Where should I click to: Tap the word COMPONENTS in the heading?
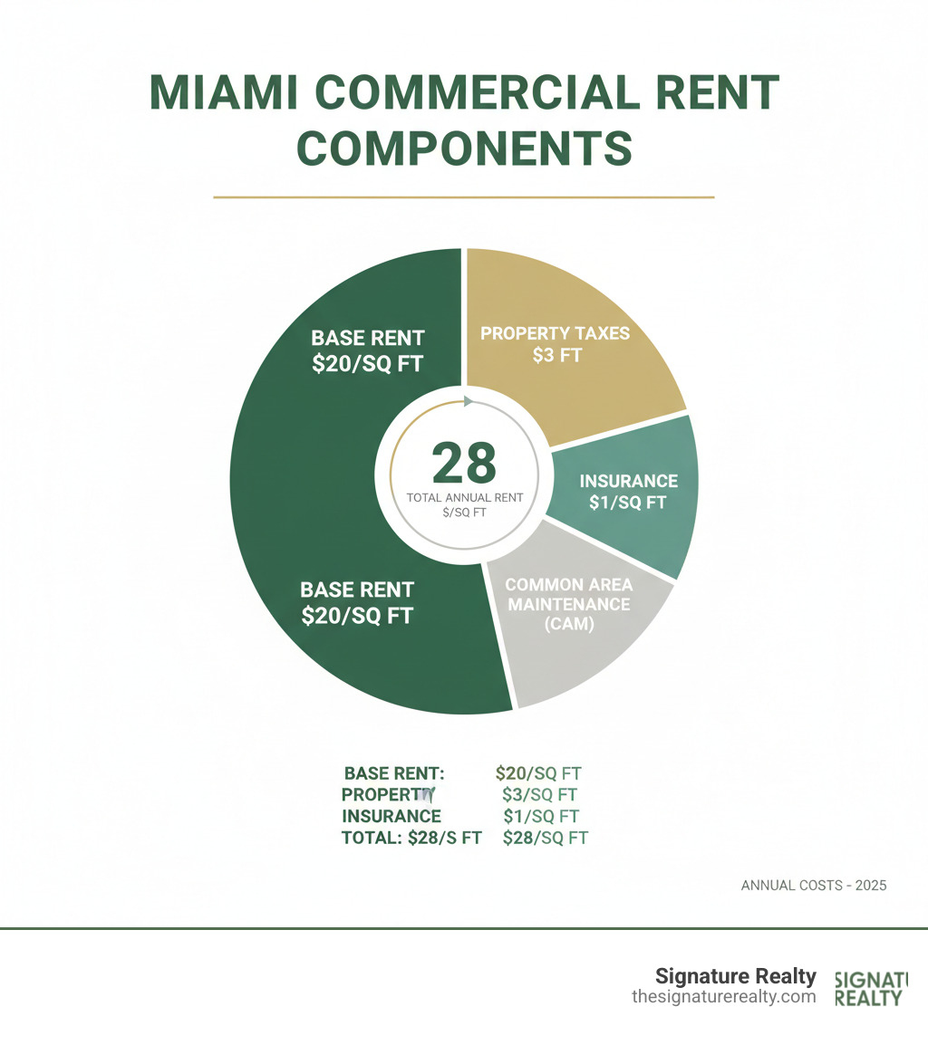464,148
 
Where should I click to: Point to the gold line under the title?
463,197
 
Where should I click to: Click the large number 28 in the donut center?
464,463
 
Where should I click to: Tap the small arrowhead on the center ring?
468,401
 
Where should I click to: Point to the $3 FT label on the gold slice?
556,355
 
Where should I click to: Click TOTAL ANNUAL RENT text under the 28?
464,497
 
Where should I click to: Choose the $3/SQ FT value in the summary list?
540,795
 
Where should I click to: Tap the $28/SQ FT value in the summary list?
546,839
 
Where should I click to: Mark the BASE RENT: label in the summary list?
395,773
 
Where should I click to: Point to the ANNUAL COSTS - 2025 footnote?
814,885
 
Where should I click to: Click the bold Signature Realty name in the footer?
735,977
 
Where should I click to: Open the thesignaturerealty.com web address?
724,997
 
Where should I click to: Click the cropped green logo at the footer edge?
868,989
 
